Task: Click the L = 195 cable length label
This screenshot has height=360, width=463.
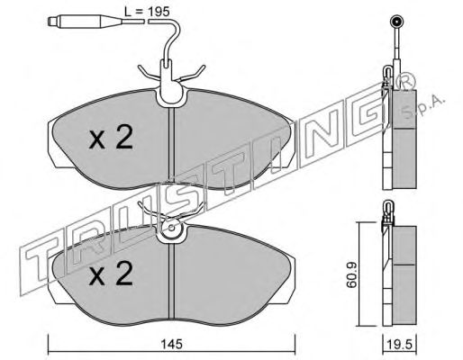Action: (147, 12)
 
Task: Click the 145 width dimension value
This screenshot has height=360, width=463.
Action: (171, 344)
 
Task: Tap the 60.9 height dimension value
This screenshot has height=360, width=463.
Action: (351, 274)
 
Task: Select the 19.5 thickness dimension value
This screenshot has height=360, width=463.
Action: (399, 345)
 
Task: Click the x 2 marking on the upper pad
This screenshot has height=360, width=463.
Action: (111, 138)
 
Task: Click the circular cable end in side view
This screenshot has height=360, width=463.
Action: (396, 22)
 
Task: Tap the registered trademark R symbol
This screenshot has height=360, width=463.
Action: (406, 81)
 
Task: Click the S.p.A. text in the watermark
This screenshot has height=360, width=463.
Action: (424, 106)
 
